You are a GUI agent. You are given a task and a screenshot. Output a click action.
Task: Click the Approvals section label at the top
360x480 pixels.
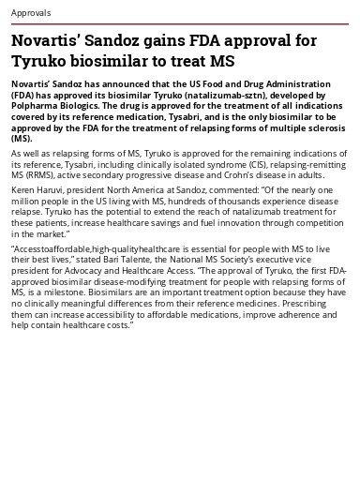[31, 13]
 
